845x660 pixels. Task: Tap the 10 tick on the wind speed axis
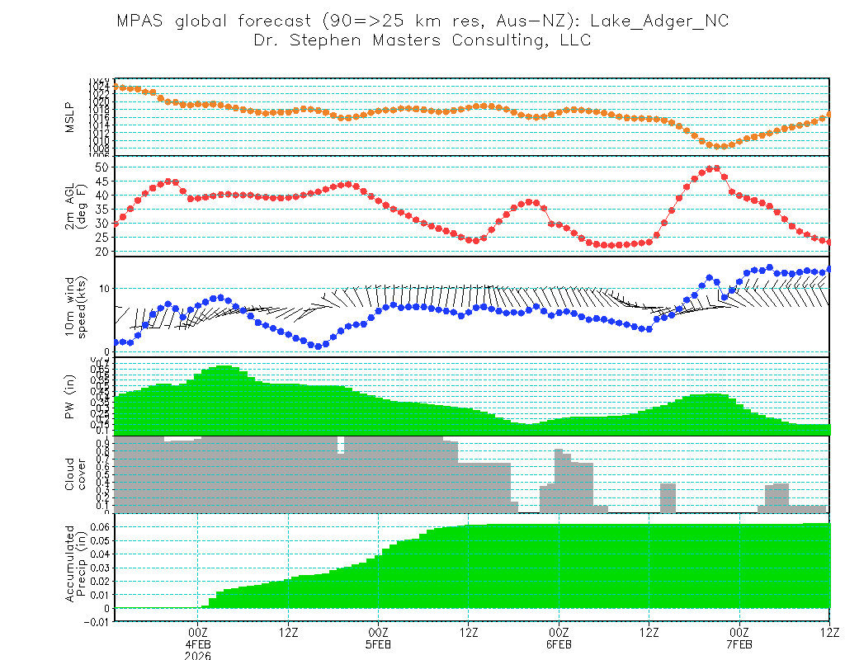106,288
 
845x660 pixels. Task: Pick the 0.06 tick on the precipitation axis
99,526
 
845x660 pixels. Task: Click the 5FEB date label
378,644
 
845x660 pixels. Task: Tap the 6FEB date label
559,644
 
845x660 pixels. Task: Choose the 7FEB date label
739,644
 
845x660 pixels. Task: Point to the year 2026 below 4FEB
197,656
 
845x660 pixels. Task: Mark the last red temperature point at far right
828,242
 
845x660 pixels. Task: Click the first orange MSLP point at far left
116,87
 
